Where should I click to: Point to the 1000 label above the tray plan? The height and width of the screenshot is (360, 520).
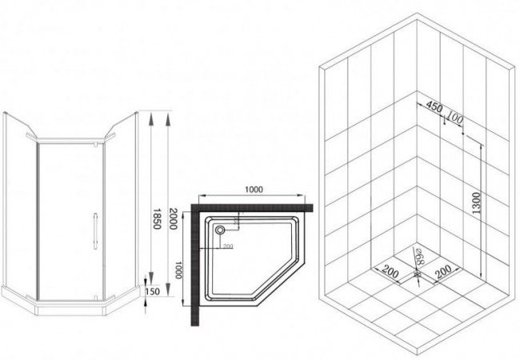pos(254,190)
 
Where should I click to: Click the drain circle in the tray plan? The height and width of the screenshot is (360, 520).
pos(220,230)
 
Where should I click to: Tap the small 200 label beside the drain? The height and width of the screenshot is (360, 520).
pos(227,246)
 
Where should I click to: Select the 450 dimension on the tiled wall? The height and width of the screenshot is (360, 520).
pos(434,106)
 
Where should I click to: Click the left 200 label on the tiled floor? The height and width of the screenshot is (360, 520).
pos(391,273)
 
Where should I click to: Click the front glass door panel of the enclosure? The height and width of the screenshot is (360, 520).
pos(68,216)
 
